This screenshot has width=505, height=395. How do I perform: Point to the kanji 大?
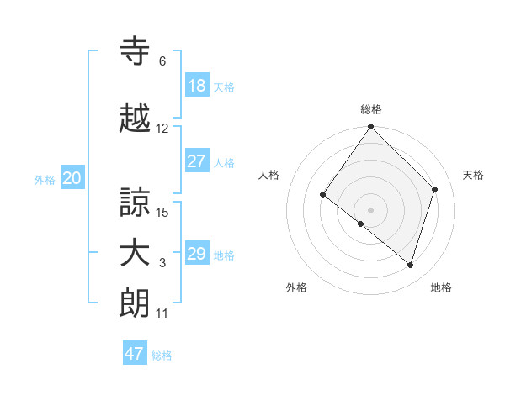pyautogui.click(x=136, y=254)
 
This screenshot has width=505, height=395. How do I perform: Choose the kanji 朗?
pyautogui.click(x=136, y=303)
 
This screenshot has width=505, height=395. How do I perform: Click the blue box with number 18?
pyautogui.click(x=197, y=86)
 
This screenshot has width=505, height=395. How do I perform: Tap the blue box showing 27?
pyautogui.click(x=197, y=161)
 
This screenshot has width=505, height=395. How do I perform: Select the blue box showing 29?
pyautogui.click(x=197, y=254)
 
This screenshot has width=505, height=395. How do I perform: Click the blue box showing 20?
pyautogui.click(x=72, y=178)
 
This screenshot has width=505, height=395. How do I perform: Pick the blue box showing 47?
pyautogui.click(x=135, y=354)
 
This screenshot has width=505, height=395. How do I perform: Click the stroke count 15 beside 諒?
pyautogui.click(x=163, y=212)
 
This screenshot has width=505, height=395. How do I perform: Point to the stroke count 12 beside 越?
pyautogui.click(x=162, y=129)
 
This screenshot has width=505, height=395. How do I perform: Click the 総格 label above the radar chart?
pyautogui.click(x=371, y=109)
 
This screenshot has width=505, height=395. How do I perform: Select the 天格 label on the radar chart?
pyautogui.click(x=474, y=175)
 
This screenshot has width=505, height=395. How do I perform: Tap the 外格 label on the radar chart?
pyautogui.click(x=296, y=287)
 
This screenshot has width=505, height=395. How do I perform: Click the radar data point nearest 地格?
pyautogui.click(x=411, y=266)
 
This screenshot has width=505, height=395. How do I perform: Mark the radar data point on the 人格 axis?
pyautogui.click(x=323, y=195)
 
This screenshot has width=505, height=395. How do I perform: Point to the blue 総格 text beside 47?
pyautogui.click(x=162, y=355)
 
